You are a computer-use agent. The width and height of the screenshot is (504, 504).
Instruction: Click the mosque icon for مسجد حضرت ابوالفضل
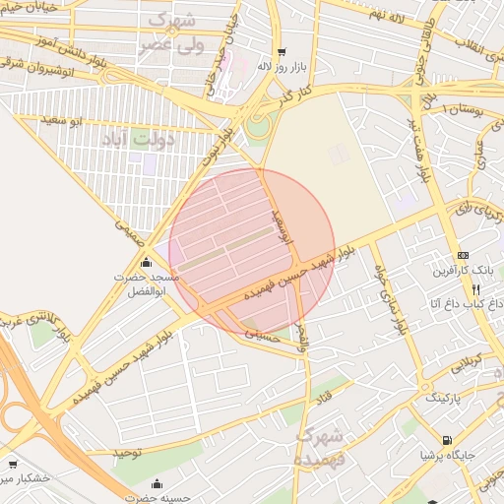147,263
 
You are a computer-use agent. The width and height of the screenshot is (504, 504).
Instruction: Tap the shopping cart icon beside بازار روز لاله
283,52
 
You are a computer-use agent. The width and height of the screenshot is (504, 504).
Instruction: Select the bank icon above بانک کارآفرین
464,256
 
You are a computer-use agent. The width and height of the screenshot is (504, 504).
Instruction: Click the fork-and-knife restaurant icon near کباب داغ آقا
476,289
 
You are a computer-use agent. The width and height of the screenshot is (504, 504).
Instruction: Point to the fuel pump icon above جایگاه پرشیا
448,440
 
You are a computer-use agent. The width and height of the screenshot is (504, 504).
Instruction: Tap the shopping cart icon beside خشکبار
12,463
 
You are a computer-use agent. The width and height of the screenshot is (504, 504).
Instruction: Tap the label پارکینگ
448,399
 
